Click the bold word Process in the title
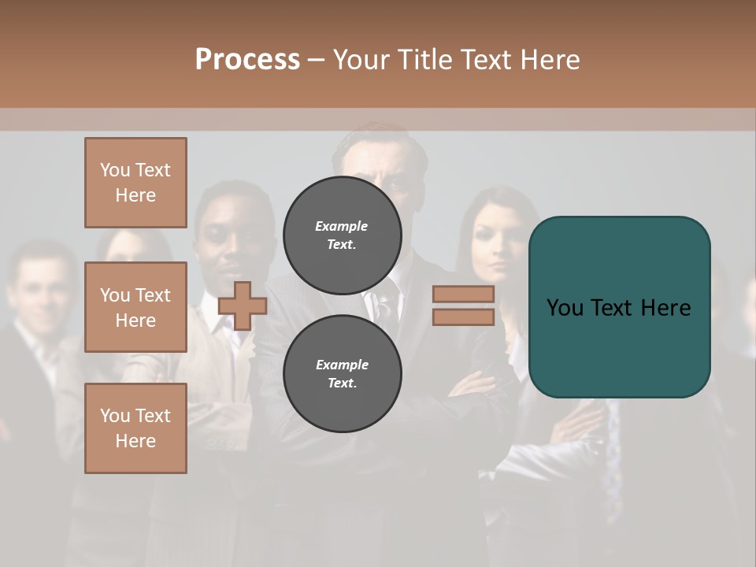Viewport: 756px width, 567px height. click(247, 60)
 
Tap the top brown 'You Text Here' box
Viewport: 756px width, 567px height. click(135, 183)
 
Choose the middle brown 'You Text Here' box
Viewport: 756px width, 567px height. click(135, 307)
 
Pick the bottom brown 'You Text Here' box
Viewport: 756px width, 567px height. click(135, 428)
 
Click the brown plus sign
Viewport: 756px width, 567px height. click(243, 306)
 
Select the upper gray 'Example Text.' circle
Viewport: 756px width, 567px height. click(342, 235)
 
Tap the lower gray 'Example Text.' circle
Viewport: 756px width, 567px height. click(342, 374)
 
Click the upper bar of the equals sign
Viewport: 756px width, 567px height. click(463, 294)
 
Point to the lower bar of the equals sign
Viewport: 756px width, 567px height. click(463, 317)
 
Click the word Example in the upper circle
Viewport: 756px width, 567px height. click(342, 226)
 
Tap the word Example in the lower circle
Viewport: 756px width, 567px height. click(342, 365)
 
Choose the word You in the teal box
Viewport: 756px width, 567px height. click(565, 308)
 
